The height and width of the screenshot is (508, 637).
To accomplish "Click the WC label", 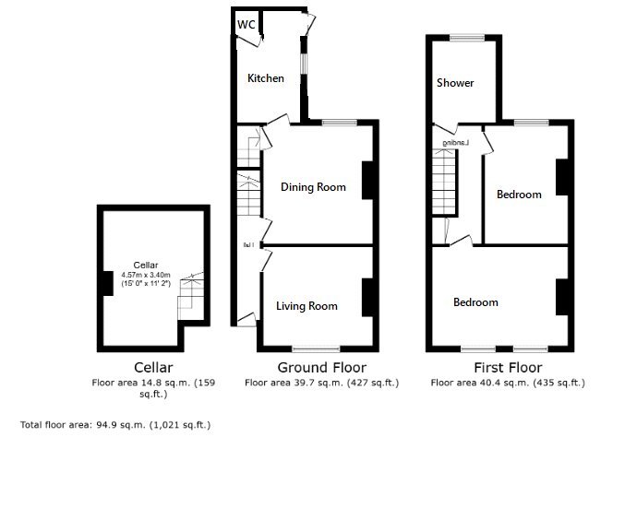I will pos(246,24).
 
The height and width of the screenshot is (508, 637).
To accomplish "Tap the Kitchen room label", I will pos(265,78).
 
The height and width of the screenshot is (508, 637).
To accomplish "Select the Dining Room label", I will pos(313,187).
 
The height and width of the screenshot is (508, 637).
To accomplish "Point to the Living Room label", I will pos(306,306).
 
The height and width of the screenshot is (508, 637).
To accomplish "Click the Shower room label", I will pos(455,83).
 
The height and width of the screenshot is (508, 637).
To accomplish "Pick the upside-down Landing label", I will pos(456,143).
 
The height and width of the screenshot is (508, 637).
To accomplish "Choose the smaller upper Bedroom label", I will pos(519,195).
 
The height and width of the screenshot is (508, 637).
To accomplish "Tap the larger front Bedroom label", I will pos(475,302).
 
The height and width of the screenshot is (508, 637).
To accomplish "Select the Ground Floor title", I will pos(316,368).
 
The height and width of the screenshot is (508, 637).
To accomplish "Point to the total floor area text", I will pos(115,425).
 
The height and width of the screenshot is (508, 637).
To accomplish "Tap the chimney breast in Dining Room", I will pos(367,181).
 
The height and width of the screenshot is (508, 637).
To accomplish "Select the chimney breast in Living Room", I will pos(367,296).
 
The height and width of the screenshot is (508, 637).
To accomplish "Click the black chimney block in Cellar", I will pos(106,282).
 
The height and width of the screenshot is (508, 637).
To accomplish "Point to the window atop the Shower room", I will pos(462,37).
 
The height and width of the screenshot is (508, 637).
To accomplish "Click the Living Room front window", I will pos(316,349).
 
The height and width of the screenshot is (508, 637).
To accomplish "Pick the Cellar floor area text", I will pos(152,387).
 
